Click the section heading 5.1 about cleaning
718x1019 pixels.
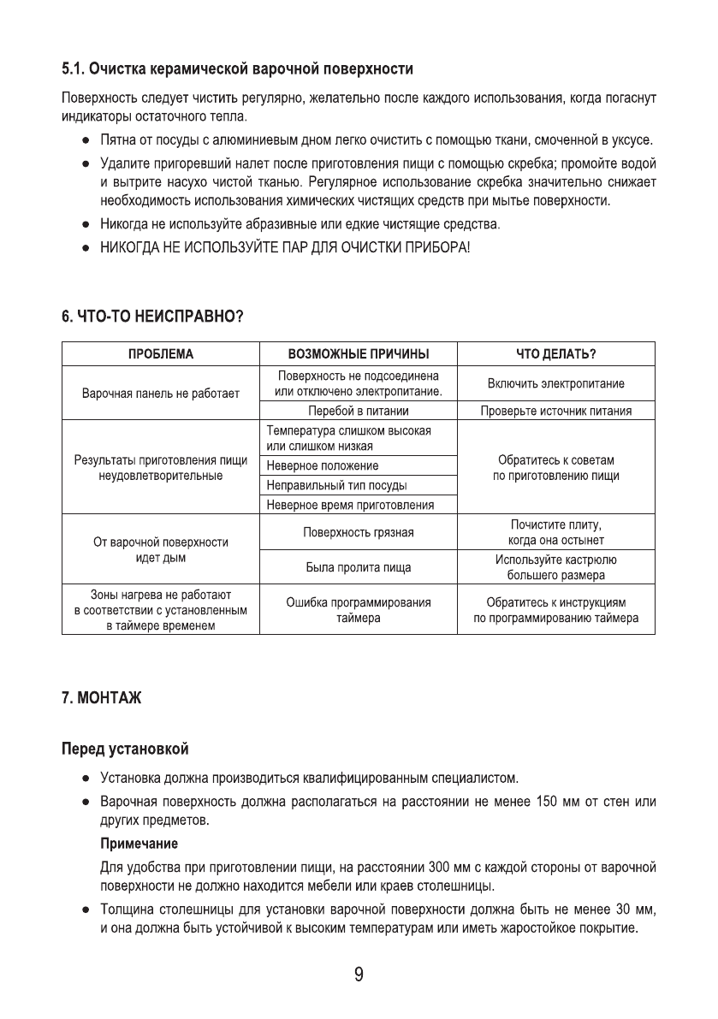coord(237,68)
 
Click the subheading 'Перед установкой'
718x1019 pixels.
coord(124,749)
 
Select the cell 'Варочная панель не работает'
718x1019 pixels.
coord(161,395)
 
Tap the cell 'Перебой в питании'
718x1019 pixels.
coord(358,412)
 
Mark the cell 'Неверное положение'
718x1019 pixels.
coord(323,466)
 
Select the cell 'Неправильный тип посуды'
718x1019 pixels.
coord(336,486)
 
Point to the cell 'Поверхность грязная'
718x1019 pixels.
coord(358,533)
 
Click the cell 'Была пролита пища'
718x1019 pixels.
coord(358,566)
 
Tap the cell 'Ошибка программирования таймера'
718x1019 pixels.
coord(358,610)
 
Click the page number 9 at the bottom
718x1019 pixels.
coord(359,976)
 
